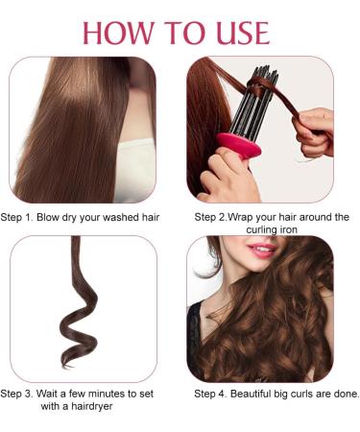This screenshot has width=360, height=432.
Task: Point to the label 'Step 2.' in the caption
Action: [x=213, y=217]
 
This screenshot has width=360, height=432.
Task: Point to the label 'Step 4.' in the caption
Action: [x=213, y=394]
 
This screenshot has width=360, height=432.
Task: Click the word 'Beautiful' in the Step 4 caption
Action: [x=257, y=394]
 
